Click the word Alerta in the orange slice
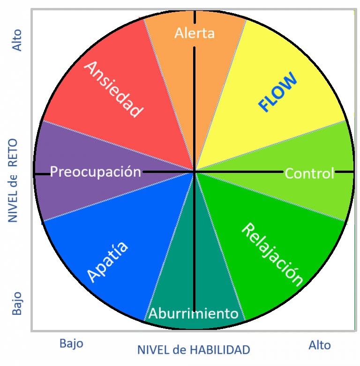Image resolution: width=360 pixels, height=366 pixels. click(x=194, y=33)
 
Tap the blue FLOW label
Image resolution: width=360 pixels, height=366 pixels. click(x=278, y=92)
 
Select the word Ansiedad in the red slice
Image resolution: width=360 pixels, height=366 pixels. click(x=113, y=89)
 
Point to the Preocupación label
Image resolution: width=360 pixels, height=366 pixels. click(x=95, y=172)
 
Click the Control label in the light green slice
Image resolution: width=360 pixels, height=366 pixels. click(x=309, y=173)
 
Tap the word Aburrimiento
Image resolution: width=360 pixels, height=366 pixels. click(x=194, y=313)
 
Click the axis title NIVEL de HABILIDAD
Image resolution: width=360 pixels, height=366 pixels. click(x=193, y=350)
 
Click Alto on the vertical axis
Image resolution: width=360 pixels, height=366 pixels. click(x=17, y=41)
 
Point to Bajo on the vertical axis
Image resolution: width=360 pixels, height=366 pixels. click(x=17, y=304)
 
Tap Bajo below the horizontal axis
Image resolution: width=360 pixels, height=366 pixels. click(x=71, y=344)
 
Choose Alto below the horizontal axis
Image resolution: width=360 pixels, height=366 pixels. click(x=320, y=345)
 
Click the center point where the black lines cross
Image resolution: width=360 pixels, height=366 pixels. click(x=195, y=172)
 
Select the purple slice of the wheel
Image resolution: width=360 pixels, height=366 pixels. click(x=70, y=192)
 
